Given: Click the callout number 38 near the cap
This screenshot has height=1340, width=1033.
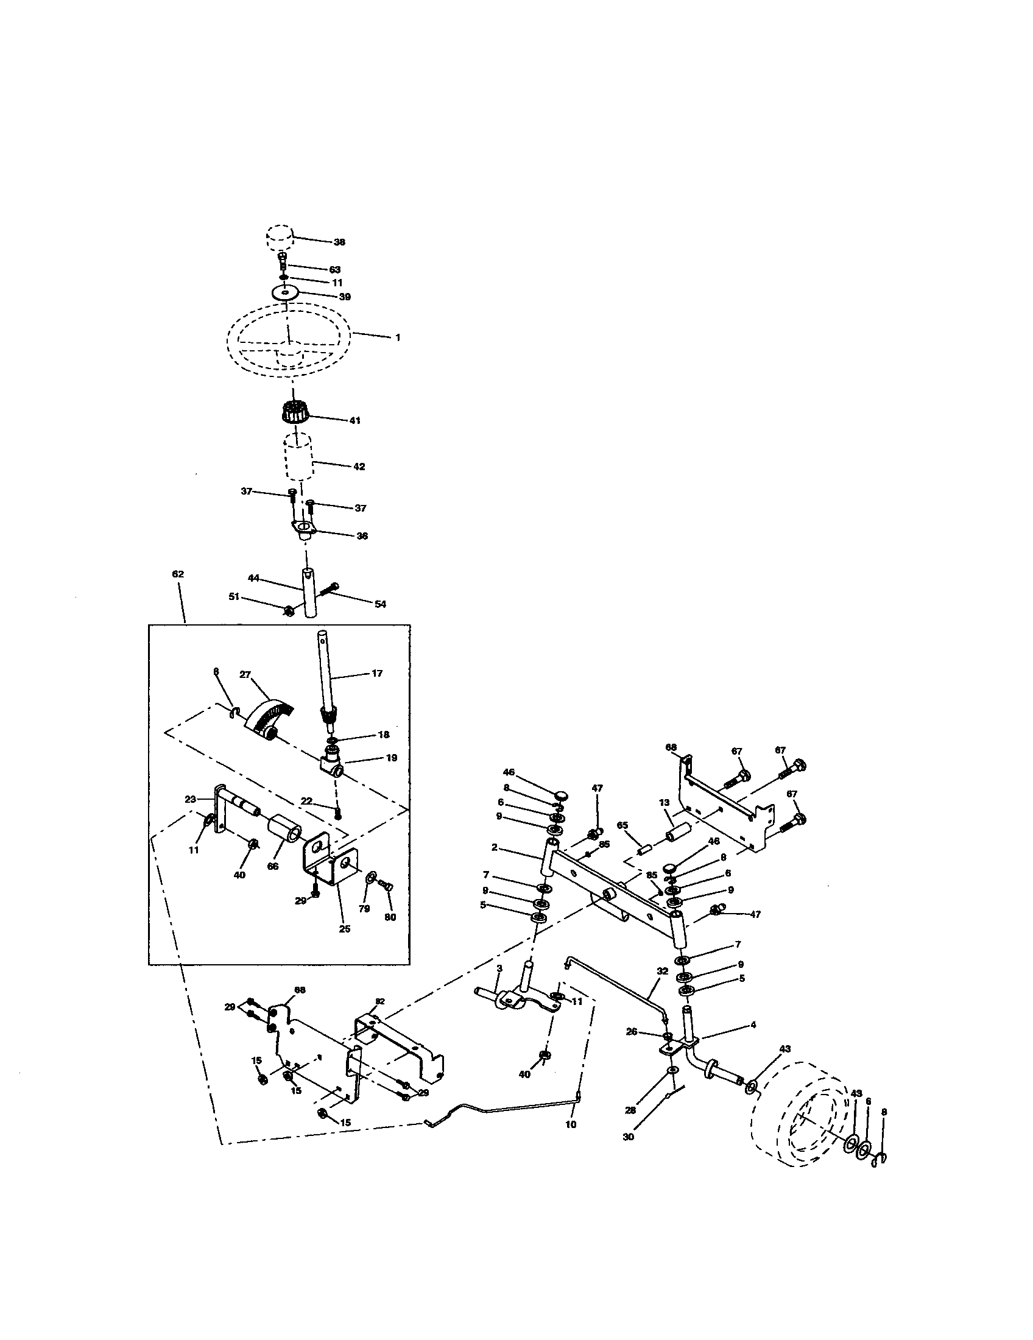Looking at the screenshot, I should pos(339,242).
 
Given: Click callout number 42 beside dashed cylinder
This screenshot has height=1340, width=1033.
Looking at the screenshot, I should pos(359,467).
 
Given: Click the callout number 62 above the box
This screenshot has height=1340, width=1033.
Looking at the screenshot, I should pos(178,574).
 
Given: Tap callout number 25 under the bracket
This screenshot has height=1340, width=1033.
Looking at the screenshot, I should pos(345,929).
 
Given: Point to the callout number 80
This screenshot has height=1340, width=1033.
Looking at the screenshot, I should pos(390,917).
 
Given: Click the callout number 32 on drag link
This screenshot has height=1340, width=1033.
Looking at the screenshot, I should pos(662,972).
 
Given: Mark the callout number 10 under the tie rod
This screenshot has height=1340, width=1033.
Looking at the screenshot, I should pos(571,1124).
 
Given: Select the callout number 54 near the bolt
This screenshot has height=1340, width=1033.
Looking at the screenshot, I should pos(379,604).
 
